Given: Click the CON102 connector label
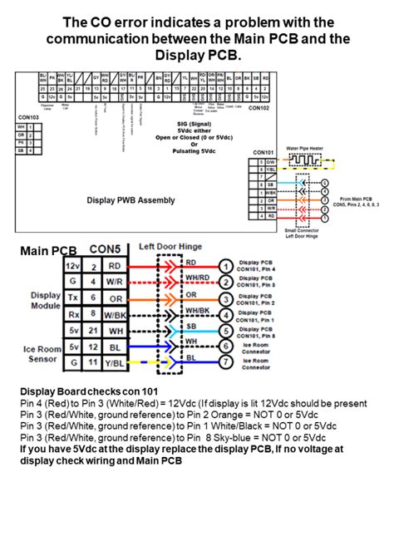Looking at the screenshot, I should [259, 108].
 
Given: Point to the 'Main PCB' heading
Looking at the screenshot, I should [47, 250].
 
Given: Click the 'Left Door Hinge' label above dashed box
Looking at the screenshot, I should [170, 247].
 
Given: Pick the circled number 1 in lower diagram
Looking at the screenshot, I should [224, 267].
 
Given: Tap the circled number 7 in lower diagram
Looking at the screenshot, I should [224, 360].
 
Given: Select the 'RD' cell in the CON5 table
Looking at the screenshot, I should [115, 266].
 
